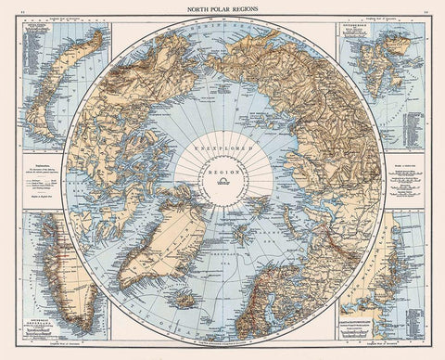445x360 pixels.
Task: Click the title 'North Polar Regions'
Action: tap(222, 7)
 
